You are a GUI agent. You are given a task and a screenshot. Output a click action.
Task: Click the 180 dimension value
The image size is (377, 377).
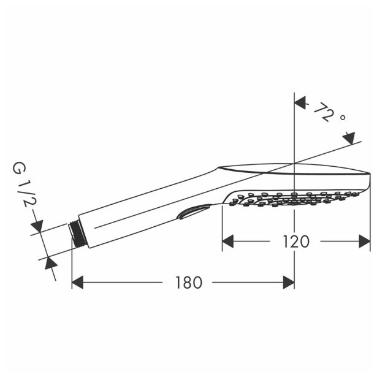click(x=189, y=283)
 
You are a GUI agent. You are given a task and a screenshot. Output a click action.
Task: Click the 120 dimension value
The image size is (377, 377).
click(x=296, y=242)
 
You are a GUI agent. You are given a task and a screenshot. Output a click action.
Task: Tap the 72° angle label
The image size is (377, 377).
click(x=330, y=113)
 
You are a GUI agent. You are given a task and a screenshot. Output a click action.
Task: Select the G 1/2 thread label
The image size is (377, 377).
click(x=24, y=185)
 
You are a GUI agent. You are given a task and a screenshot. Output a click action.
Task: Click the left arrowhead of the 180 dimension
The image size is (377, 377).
click(x=77, y=282)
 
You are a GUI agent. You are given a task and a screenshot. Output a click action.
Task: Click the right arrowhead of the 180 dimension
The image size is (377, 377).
click(x=289, y=282)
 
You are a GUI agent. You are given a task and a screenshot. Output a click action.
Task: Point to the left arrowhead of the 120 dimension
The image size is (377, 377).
click(x=228, y=241)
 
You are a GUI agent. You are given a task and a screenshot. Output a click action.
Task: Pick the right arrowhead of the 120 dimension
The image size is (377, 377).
click(x=365, y=241)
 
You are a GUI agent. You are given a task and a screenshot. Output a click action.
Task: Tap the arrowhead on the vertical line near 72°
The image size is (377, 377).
click(x=300, y=102)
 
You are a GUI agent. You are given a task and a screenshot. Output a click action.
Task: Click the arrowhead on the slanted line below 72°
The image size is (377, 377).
click(x=349, y=138)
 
